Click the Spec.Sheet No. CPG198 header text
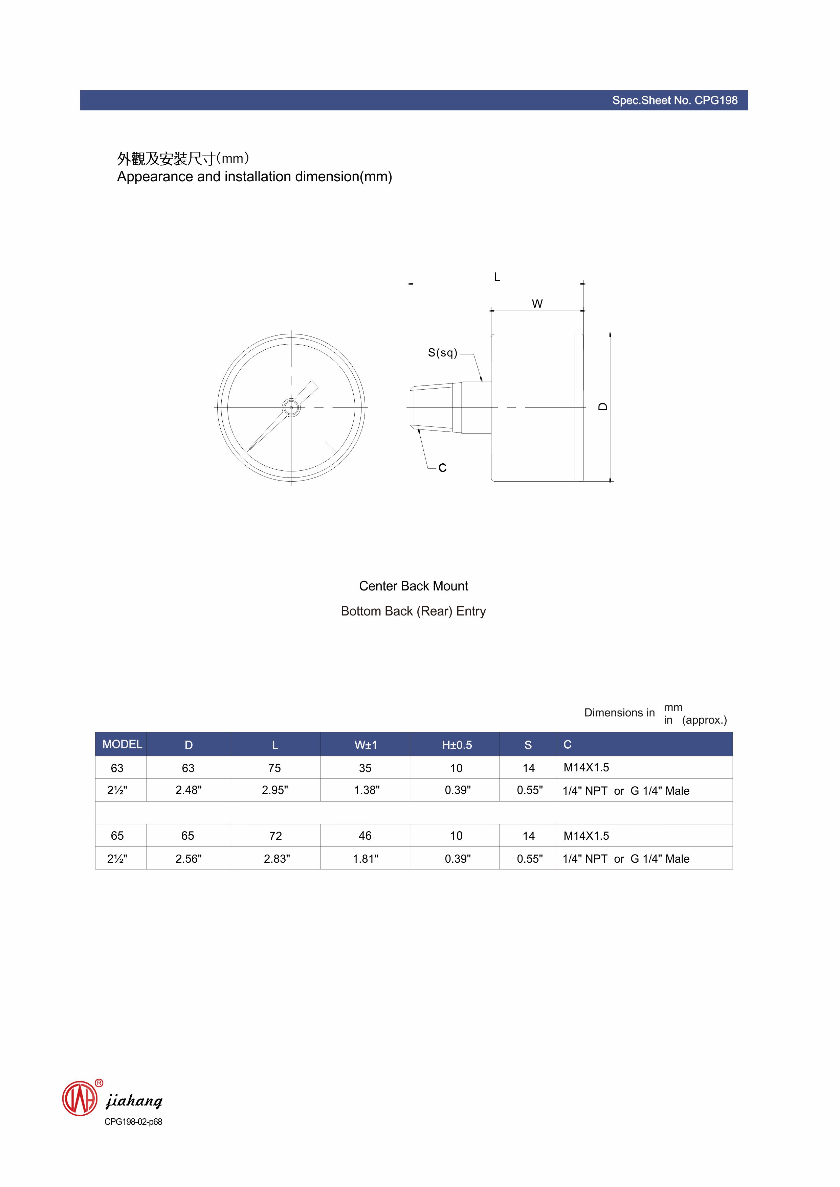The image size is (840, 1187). pyautogui.click(x=675, y=100)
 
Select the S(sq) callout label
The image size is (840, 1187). pyautogui.click(x=443, y=353)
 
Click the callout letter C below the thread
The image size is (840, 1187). pyautogui.click(x=442, y=468)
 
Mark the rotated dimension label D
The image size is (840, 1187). pyautogui.click(x=602, y=407)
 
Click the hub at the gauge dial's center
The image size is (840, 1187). pyautogui.click(x=291, y=408)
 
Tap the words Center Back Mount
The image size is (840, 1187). pyautogui.click(x=413, y=586)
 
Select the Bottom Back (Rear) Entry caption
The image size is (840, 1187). pyautogui.click(x=413, y=611)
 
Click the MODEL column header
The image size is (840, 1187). pyautogui.click(x=122, y=744)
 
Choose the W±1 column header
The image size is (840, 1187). pyautogui.click(x=366, y=745)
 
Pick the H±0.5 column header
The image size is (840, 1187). pyautogui.click(x=457, y=745)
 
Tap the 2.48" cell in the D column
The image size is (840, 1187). pyautogui.click(x=188, y=790)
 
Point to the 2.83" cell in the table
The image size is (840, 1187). pyautogui.click(x=277, y=859)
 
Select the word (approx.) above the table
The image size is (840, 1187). pyautogui.click(x=705, y=720)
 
